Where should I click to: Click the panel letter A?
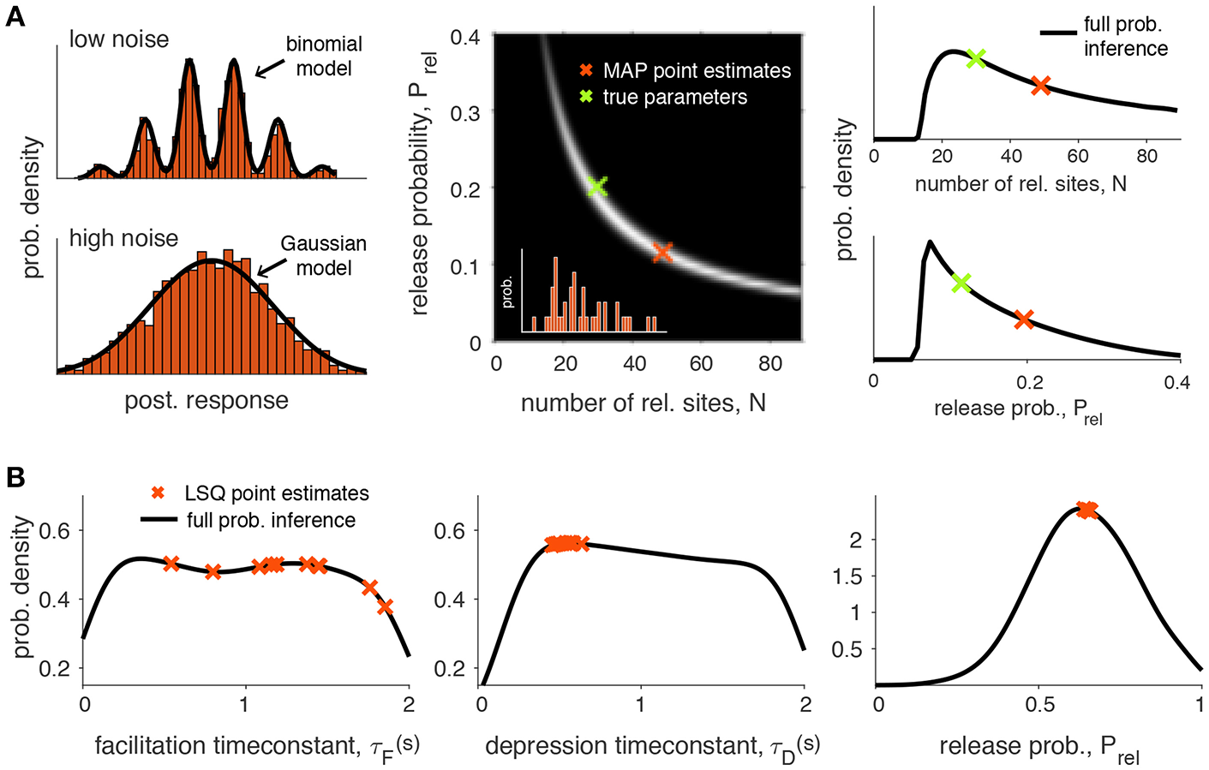[x=15, y=16]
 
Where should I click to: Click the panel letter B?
[x=15, y=477]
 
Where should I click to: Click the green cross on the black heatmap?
[x=597, y=186]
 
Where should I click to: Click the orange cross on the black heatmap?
[x=661, y=253]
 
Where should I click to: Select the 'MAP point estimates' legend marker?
[x=586, y=70]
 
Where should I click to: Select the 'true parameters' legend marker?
[x=586, y=97]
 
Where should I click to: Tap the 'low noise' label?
[x=119, y=39]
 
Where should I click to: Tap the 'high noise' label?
[x=123, y=238]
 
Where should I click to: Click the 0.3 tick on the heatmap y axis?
[x=466, y=112]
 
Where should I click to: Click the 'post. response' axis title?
[x=206, y=401]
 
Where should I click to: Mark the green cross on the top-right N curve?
[x=975, y=58]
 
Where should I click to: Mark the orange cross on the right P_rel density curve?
[x=1024, y=319]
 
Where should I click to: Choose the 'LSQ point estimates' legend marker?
[x=158, y=493]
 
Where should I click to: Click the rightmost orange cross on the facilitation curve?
[x=385, y=606]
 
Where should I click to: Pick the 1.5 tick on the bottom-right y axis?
[x=848, y=576]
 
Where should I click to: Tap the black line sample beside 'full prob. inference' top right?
[x=1058, y=33]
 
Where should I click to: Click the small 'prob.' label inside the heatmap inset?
[x=507, y=292]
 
